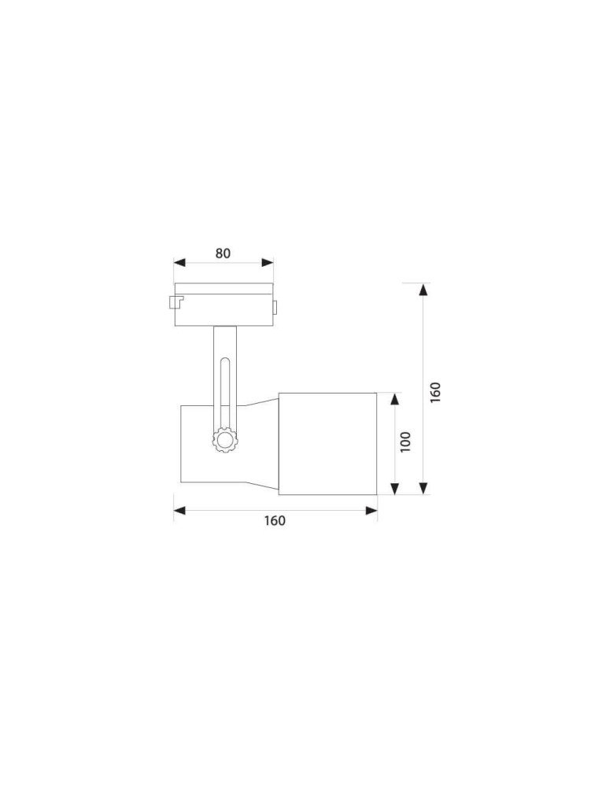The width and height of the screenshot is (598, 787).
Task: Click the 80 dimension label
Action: point(223,253)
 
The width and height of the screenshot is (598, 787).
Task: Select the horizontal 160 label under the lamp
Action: point(275,520)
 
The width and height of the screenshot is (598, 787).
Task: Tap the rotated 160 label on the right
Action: point(435,392)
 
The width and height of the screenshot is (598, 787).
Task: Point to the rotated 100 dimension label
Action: point(406,442)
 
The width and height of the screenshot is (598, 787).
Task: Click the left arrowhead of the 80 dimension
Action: point(179,263)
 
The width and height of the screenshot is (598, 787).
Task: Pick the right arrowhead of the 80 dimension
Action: point(268,263)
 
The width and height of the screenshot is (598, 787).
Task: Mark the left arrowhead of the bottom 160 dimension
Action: point(179,511)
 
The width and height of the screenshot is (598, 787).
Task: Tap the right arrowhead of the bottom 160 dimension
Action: point(371,511)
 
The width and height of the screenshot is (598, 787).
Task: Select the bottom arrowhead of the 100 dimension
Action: point(395,489)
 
